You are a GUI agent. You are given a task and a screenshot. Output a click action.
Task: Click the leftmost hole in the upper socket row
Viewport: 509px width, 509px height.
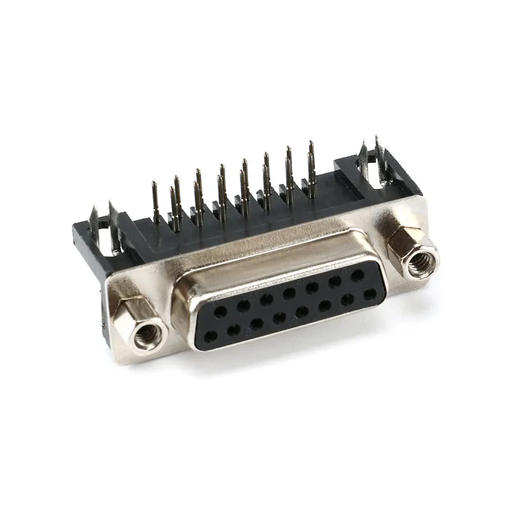pyautogui.click(x=220, y=312)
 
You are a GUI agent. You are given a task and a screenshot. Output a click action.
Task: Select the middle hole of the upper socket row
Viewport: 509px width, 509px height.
pyautogui.click(x=289, y=293)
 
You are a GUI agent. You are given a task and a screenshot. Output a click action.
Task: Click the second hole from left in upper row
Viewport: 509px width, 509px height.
pyautogui.click(x=243, y=305)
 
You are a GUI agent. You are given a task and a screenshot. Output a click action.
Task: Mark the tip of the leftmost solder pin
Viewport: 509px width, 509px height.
pyautogui.click(x=154, y=185)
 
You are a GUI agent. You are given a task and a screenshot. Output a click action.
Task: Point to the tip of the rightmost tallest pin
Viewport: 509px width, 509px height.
pyautogui.click(x=311, y=144)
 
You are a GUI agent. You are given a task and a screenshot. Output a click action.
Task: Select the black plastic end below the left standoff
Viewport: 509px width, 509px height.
pyautogui.click(x=105, y=315)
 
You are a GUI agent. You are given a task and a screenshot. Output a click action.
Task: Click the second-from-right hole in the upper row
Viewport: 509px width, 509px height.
pyautogui.click(x=335, y=281)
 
